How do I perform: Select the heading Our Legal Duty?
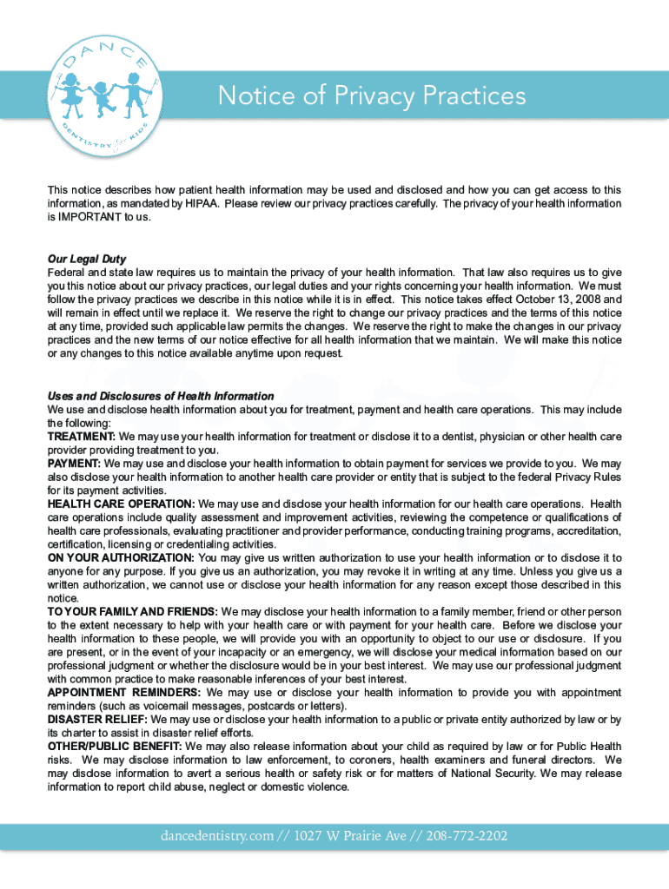pos(87,259)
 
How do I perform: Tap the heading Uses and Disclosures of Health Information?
pos(161,396)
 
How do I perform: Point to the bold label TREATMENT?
pos(81,436)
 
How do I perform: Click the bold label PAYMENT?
pos(74,464)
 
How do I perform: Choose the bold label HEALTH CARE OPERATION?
pos(121,504)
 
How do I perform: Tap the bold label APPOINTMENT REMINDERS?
pos(124,692)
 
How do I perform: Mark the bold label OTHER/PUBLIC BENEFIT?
pos(115,747)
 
